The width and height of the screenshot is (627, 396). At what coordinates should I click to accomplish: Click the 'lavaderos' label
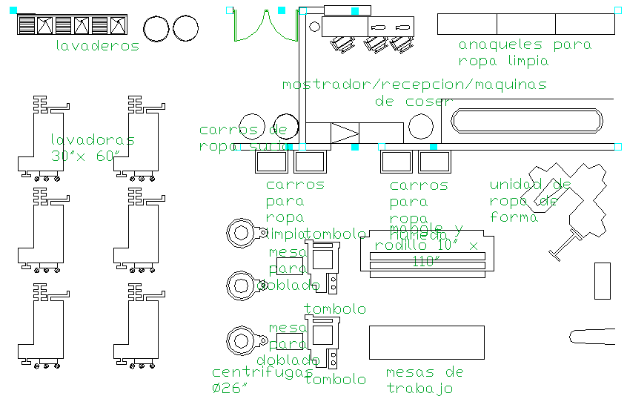tap(97, 46)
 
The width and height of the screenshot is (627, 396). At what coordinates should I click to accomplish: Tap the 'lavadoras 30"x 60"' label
tap(92, 148)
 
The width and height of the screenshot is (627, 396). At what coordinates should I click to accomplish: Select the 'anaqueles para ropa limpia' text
tap(524, 53)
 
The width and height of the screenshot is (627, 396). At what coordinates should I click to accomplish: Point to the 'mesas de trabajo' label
tap(425, 380)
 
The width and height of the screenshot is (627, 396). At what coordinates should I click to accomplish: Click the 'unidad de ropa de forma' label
tap(529, 200)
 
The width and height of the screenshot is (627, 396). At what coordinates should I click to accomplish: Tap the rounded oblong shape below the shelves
tap(526, 120)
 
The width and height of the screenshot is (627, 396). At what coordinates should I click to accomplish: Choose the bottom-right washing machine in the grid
tap(138, 326)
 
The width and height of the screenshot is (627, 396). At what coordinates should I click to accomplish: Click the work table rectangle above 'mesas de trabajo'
tap(426, 343)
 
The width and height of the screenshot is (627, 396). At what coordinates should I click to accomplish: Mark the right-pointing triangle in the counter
tap(343, 133)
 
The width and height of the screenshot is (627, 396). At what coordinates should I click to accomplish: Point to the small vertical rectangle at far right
tap(602, 281)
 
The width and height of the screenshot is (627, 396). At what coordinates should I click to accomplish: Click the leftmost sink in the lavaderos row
tap(27, 25)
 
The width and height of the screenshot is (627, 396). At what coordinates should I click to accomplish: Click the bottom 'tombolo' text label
tap(335, 380)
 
